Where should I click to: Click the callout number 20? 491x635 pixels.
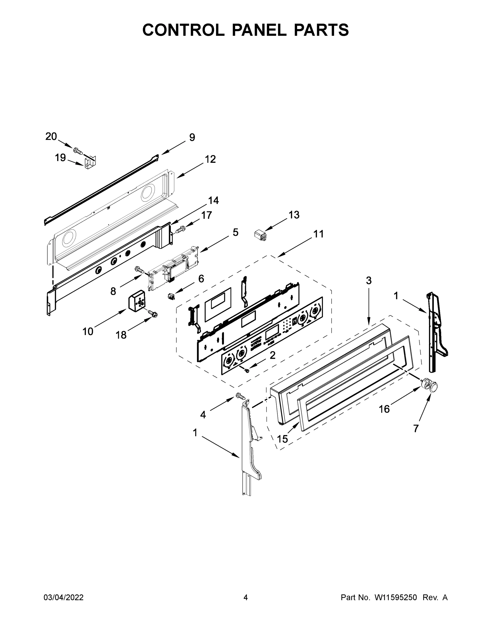(x=51, y=136)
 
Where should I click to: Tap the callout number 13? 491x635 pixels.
(x=294, y=215)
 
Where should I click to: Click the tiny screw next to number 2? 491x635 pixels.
(x=247, y=370)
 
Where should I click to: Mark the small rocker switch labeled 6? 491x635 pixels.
(x=171, y=297)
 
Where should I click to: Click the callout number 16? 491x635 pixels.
(x=384, y=409)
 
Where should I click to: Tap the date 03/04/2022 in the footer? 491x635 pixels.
(x=64, y=597)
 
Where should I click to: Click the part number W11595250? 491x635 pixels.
(x=396, y=597)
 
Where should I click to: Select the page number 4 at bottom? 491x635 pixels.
(x=246, y=597)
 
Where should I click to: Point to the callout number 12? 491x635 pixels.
(x=210, y=159)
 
